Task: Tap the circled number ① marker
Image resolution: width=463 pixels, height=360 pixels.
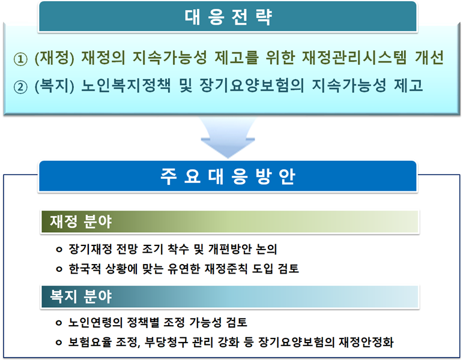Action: click(20, 60)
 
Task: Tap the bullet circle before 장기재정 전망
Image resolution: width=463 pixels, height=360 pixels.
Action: click(58, 249)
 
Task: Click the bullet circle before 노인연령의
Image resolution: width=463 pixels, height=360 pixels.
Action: click(58, 322)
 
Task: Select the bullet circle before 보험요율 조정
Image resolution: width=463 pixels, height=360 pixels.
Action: click(58, 342)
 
